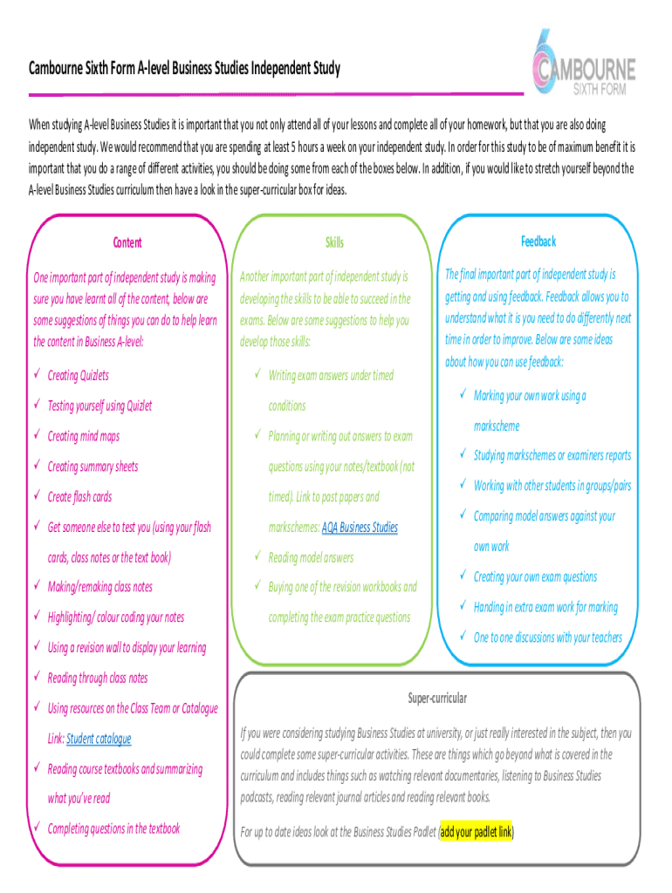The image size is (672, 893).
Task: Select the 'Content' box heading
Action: [x=127, y=242]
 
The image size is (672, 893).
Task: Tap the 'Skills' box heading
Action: [x=334, y=242]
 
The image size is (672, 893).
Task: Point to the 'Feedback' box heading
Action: [x=538, y=241]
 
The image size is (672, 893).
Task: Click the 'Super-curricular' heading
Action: [x=437, y=699]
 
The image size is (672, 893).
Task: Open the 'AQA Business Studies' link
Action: [x=360, y=528]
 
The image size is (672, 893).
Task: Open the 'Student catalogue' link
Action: [x=99, y=739]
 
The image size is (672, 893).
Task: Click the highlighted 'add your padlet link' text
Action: [x=477, y=832]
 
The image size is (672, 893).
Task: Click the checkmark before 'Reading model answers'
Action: [x=257, y=556]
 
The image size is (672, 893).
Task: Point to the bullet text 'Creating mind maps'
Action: [x=84, y=436]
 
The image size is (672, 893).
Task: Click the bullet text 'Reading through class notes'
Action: [x=98, y=678]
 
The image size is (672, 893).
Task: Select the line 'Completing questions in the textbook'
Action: [x=113, y=828]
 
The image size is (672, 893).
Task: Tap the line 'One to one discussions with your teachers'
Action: [x=547, y=637]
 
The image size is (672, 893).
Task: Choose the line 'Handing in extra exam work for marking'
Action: [x=545, y=607]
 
